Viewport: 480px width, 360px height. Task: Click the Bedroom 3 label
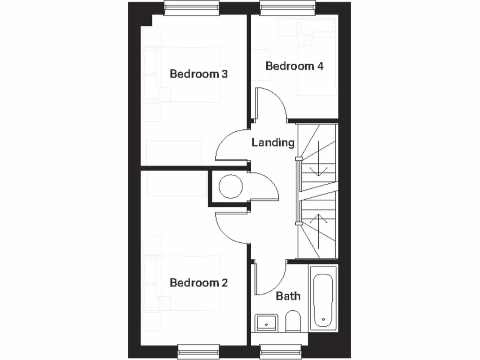[199, 74]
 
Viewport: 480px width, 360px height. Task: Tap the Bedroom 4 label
[294, 66]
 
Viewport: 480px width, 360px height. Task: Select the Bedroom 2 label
[199, 283]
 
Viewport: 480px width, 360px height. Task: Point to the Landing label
[273, 142]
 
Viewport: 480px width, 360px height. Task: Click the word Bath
[288, 296]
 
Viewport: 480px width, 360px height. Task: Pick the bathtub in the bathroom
[323, 299]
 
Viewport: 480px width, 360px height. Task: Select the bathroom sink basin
[267, 322]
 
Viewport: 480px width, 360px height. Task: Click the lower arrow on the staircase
[318, 230]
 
